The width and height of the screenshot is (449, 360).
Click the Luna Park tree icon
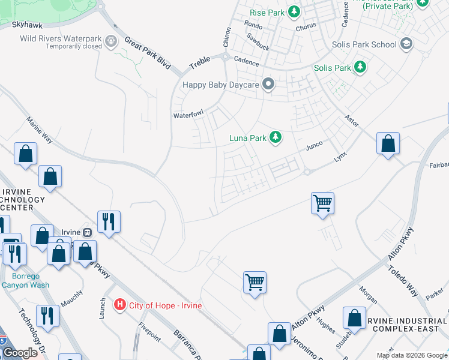276,138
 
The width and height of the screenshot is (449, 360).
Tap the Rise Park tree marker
294,11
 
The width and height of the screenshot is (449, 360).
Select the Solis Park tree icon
360,67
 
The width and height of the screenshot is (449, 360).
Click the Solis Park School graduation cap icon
406,44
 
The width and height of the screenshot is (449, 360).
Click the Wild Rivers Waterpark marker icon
111,41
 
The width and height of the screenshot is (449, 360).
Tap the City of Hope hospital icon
120,305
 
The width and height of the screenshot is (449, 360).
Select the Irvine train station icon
87,232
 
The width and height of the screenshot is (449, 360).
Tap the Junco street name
315,145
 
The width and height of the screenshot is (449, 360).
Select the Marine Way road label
40,130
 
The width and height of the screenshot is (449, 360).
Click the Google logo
20,353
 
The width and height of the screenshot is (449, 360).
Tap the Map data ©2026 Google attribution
412,355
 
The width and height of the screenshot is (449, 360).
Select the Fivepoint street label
149,331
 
